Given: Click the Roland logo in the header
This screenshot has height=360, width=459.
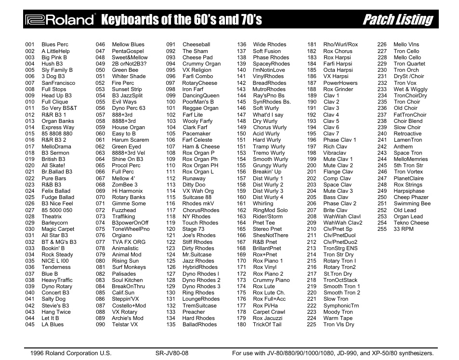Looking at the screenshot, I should pyautogui.click(x=60, y=20).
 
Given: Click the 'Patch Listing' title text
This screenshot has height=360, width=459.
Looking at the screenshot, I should pyautogui.click(x=397, y=20).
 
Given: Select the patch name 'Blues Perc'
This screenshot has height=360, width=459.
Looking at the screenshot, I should pyautogui.click(x=55, y=45).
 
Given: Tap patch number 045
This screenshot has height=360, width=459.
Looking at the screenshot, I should pyautogui.click(x=30, y=325).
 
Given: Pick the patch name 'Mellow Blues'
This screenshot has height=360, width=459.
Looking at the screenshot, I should pyautogui.click(x=128, y=45).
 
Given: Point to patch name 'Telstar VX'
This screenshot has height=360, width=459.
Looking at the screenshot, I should pyautogui.click(x=125, y=325).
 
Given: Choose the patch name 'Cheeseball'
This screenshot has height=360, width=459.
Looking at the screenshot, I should pyautogui.click(x=196, y=45).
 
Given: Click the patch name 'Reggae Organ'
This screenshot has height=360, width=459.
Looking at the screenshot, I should pyautogui.click(x=200, y=108).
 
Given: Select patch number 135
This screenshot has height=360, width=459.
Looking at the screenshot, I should pyautogui.click(x=171, y=325).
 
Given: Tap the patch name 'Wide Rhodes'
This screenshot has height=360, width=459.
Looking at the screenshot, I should pyautogui.click(x=269, y=45).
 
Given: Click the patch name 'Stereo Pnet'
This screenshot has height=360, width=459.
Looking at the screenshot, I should pyautogui.click(x=267, y=229).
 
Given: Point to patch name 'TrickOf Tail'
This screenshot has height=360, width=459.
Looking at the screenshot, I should pyautogui.click(x=267, y=325).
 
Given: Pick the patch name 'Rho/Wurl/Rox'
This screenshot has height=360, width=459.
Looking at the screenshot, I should pyautogui.click(x=341, y=45).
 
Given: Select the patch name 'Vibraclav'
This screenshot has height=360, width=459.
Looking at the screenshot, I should pyautogui.click(x=335, y=153).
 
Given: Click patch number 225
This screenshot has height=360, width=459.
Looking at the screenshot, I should pyautogui.click(x=312, y=325).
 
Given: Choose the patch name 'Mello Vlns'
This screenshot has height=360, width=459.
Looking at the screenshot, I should pyautogui.click(x=407, y=45).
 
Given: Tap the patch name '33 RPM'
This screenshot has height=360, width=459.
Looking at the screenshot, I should pyautogui.click(x=404, y=229).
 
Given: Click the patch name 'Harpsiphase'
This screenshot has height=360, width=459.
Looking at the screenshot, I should pyautogui.click(x=409, y=191).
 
